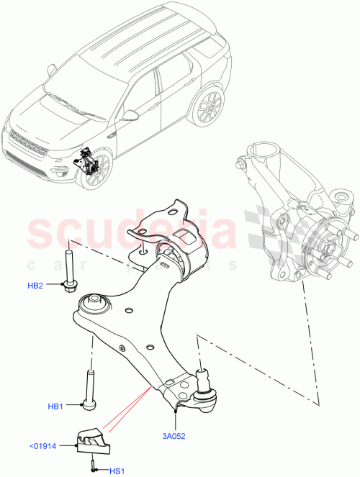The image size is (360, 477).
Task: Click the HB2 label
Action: (35, 286)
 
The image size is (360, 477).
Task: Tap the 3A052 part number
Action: (174, 435)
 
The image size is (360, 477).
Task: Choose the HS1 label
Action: (114, 471)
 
